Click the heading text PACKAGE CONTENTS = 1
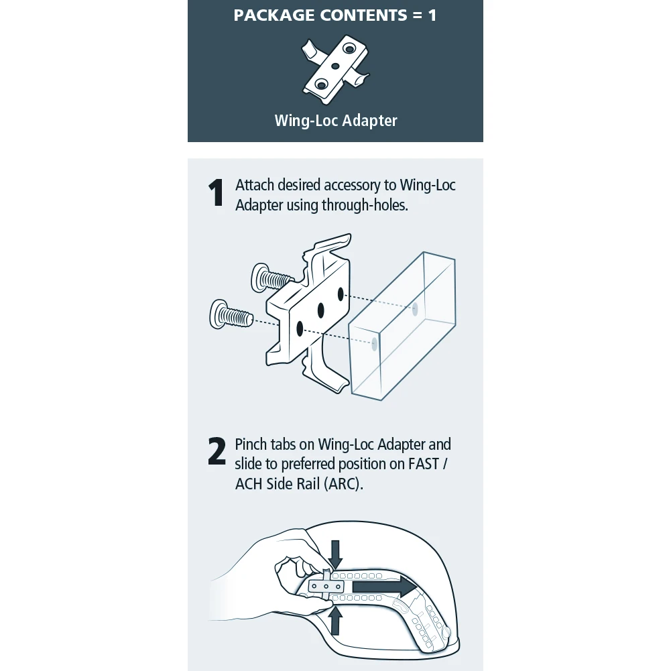pyautogui.click(x=335, y=15)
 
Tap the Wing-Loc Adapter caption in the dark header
pyautogui.click(x=335, y=121)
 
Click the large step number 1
pyautogui.click(x=216, y=194)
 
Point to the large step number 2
pyautogui.click(x=217, y=452)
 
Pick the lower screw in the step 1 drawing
pyautogui.click(x=229, y=314)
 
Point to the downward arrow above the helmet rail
pyautogui.click(x=336, y=554)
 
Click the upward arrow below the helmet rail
pyautogui.click(x=335, y=620)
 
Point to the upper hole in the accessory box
pyautogui.click(x=415, y=309)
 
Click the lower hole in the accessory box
pyautogui.click(x=374, y=343)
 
